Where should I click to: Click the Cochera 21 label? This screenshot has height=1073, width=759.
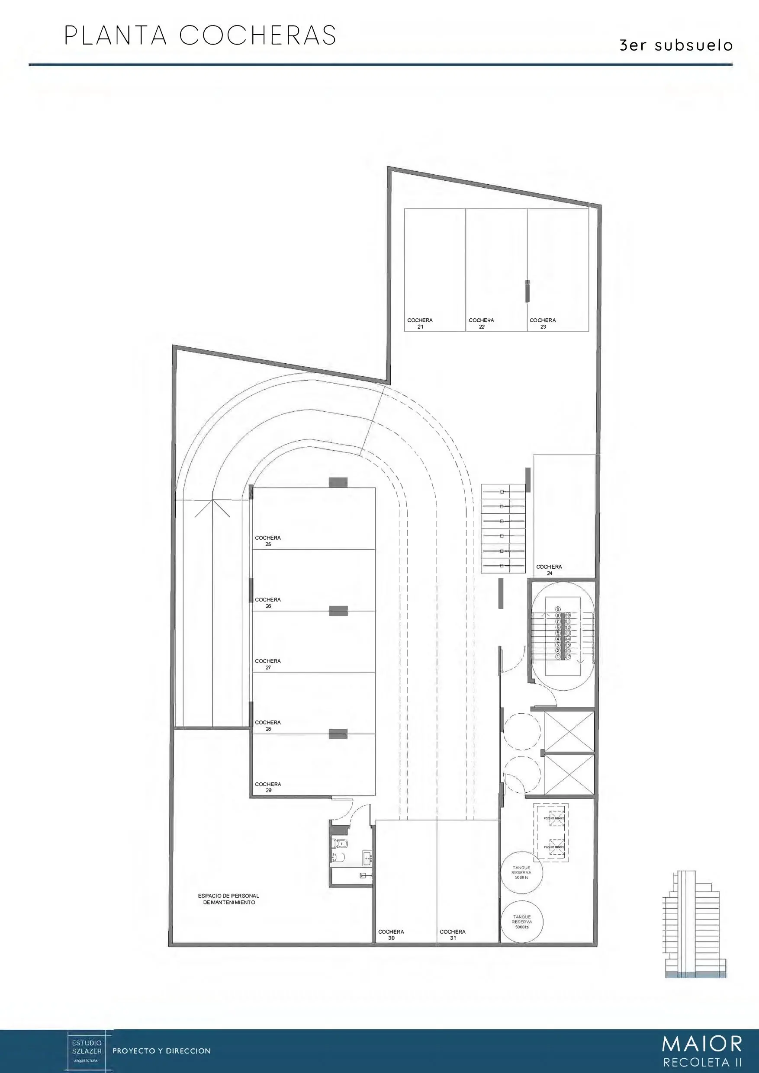coord(420,324)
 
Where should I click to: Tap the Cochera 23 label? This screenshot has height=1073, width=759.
coord(543,324)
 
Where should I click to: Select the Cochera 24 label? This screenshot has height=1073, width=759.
coord(549,570)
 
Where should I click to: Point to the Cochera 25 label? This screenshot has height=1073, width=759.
coord(267,541)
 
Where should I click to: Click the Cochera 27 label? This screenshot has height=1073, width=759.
coord(267,664)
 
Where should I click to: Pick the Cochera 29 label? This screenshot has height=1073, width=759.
coord(267,787)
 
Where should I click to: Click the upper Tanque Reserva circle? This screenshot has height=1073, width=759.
coord(521,872)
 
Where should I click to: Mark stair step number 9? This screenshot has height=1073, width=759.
coord(557,609)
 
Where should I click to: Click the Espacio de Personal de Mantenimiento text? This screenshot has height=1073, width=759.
coord(228,899)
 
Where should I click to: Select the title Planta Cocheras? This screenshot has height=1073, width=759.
coord(200,35)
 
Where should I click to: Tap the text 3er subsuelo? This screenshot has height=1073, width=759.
coord(676,45)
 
